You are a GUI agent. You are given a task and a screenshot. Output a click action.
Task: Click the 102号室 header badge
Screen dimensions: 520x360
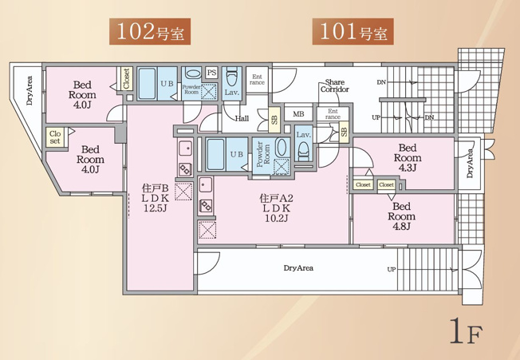click(150, 31)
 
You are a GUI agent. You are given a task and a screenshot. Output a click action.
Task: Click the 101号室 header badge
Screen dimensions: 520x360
click(353, 31)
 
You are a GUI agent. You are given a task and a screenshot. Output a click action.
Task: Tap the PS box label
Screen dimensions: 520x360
click(211, 73)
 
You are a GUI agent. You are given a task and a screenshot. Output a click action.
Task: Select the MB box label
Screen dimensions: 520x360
click(298, 114)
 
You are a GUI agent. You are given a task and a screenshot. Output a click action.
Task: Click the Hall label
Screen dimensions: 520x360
click(242, 118)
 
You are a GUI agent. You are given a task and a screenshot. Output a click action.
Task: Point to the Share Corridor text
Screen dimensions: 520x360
click(335, 85)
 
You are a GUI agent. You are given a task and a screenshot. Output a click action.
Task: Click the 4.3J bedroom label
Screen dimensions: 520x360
click(408, 157)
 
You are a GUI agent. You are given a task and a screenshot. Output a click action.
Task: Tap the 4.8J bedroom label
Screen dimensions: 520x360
click(402, 216)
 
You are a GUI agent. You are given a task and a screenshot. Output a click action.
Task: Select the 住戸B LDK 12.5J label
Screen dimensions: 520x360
click(156, 198)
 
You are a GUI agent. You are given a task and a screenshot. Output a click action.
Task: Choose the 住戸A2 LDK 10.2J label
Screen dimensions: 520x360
click(276, 208)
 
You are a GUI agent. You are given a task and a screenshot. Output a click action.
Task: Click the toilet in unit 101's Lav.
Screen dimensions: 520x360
click(304, 152)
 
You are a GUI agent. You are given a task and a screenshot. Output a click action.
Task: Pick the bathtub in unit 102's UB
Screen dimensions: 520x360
click(147, 84)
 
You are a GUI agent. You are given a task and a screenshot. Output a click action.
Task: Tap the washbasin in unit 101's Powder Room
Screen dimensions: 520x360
click(282, 148)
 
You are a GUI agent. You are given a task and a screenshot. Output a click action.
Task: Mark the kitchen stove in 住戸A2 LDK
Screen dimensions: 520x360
click(206, 206)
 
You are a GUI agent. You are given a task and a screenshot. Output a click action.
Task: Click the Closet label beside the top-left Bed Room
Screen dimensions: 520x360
click(126, 78)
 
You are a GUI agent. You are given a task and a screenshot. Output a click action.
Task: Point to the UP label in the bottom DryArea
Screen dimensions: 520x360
click(392, 270)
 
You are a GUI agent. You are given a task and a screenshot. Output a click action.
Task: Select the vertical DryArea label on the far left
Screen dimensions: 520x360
click(30, 90)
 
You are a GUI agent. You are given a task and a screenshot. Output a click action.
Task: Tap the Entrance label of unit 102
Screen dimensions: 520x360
click(257, 80)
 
